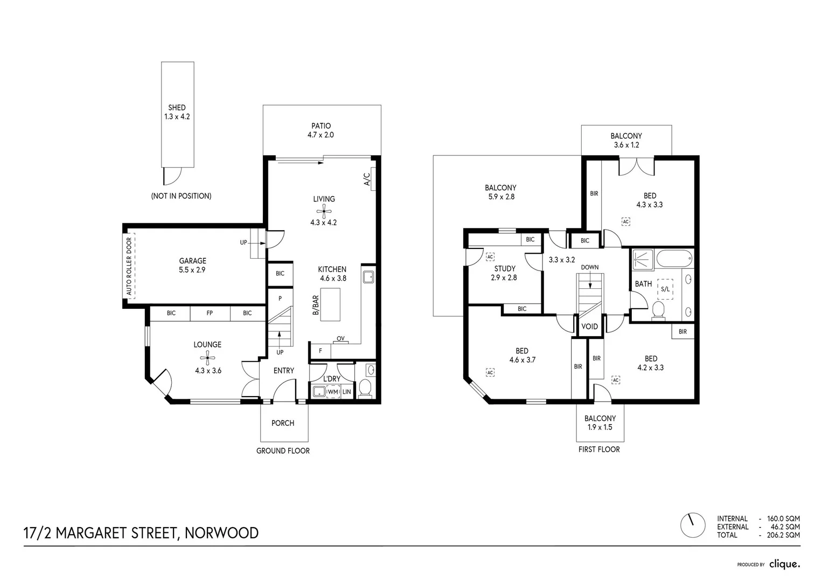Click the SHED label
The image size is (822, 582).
coord(177,108)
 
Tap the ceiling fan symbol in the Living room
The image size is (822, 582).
coord(324,211)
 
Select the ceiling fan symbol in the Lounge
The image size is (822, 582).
coord(208,358)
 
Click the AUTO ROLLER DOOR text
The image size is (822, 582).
coord(129,266)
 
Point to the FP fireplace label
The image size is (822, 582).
coord(210,313)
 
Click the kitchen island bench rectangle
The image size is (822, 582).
coord(330,304)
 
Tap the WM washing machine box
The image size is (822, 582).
coord(333,392)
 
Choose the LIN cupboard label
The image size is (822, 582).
coord(347,392)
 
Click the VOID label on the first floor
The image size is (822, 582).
coord(589,327)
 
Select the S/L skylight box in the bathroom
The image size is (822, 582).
coord(665,289)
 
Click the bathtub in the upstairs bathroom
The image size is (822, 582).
coord(674,259)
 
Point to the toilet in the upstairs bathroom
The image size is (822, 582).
coord(658,310)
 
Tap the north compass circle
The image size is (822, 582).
coord(693,525)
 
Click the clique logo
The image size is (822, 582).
coord(785,564)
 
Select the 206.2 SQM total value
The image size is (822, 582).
coord(783,535)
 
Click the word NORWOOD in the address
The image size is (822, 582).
coord(221,533)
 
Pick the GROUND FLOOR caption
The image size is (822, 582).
coord(283,451)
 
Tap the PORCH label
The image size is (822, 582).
coord(283,423)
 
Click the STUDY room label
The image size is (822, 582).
coord(505,268)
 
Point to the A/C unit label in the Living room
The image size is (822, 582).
coord(367,179)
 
